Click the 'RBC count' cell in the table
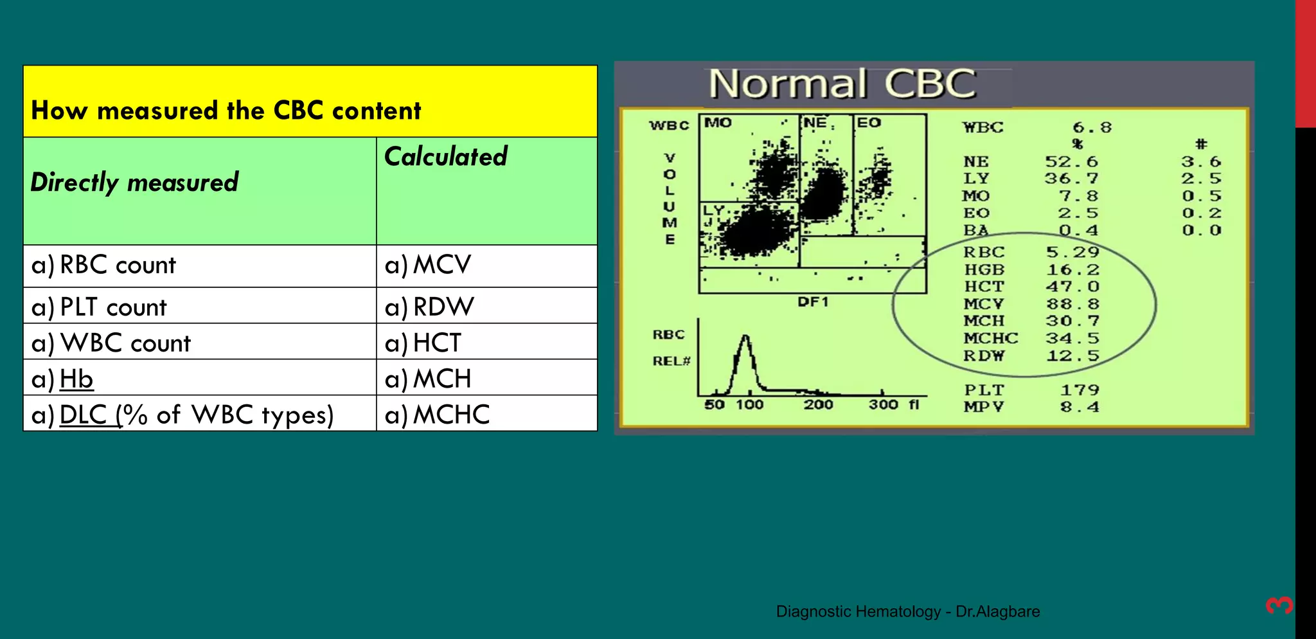[117, 265]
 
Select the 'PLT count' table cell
[112, 307]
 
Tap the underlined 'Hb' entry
[76, 379]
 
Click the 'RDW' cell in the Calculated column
[443, 307]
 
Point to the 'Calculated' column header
[445, 157]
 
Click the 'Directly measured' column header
[134, 183]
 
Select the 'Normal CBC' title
[842, 84]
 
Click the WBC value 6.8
[1092, 127]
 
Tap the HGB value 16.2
[1072, 269]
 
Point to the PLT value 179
[1080, 390]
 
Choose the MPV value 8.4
[1080, 407]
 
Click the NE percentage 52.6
[1072, 162]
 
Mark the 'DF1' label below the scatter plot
[813, 301]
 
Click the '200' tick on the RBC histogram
[818, 405]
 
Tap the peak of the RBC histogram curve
[745, 337]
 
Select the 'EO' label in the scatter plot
[869, 123]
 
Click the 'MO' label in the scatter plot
[718, 123]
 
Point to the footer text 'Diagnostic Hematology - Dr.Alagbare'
[907, 611]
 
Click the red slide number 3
[1279, 605]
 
